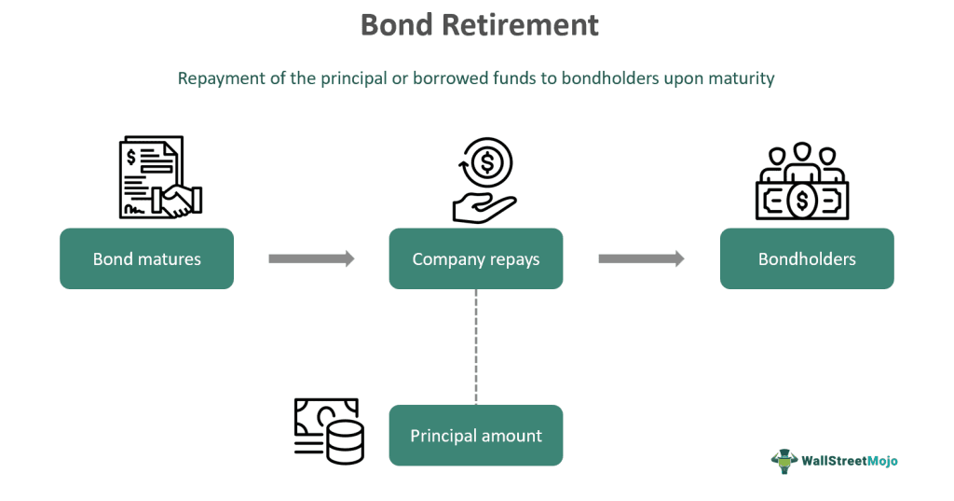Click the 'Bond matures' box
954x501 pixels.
(146, 258)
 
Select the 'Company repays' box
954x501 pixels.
(475, 258)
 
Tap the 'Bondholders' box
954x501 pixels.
(807, 258)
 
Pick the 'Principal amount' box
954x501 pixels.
(475, 435)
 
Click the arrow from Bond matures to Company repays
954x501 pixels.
(311, 258)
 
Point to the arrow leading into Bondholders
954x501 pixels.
(641, 258)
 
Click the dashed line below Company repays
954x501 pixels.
(476, 345)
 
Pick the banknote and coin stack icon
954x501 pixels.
(328, 431)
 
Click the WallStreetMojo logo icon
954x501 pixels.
(784, 461)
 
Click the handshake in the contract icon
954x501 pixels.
(180, 199)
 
